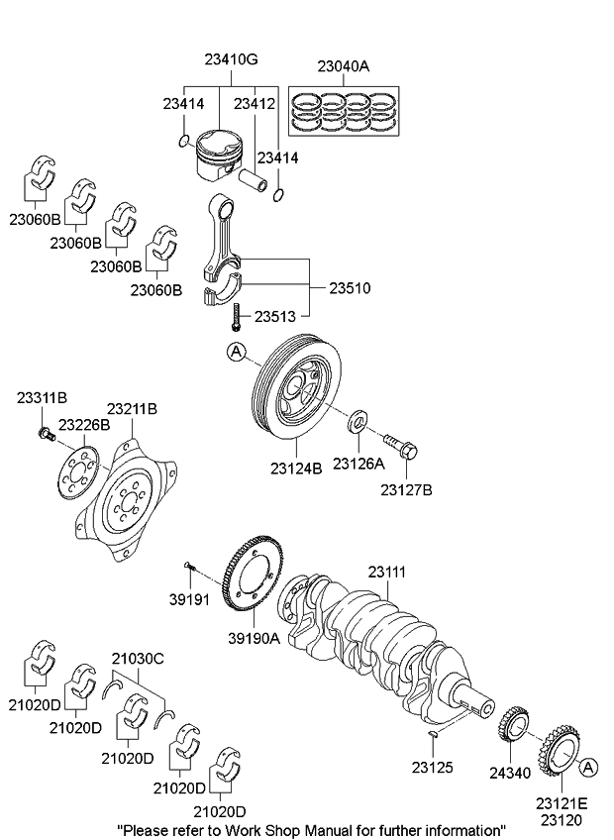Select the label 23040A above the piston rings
tap(343, 66)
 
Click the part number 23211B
tap(132, 408)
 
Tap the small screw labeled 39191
tap(191, 568)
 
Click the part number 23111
tap(387, 572)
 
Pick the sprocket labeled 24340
tap(515, 732)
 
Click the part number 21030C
tap(137, 658)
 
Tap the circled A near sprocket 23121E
tap(588, 767)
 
